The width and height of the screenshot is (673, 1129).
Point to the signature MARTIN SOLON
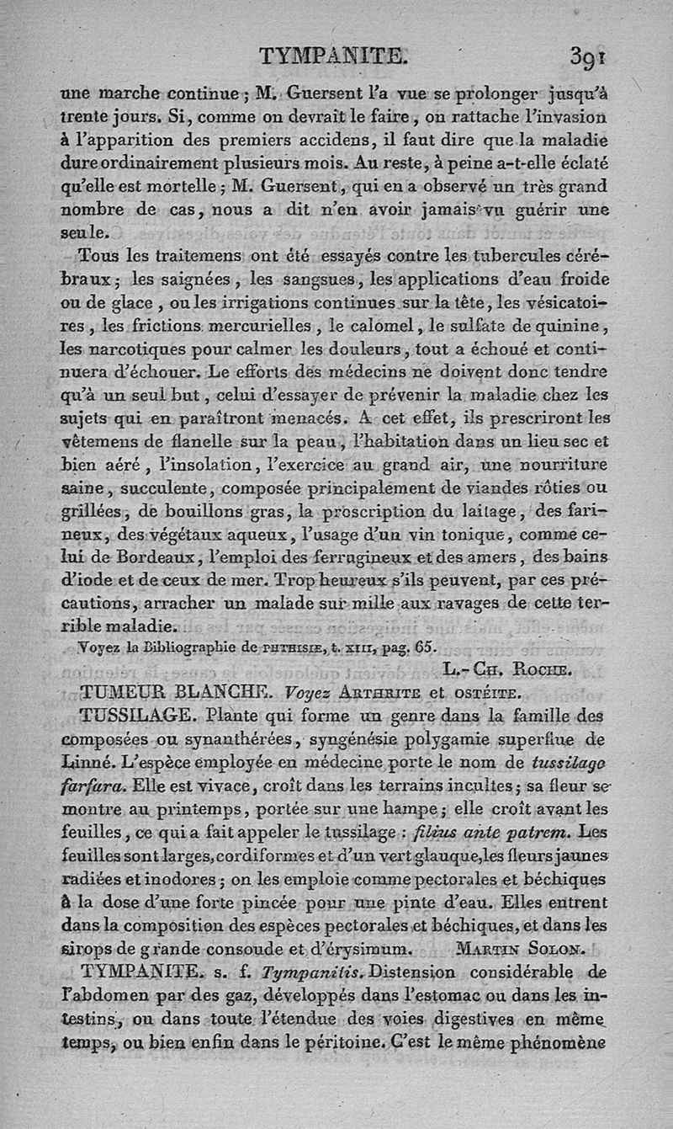tap(519, 948)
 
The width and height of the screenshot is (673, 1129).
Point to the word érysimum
tap(368, 948)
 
